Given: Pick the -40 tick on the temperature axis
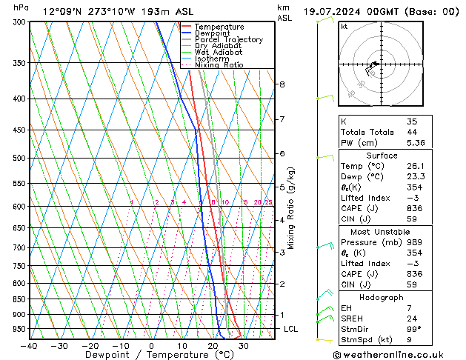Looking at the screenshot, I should coord(29,346).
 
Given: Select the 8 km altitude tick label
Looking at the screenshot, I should coord(282,84).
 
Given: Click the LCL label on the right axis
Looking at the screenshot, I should coord(290,329).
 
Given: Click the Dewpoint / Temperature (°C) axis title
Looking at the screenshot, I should coord(152,356).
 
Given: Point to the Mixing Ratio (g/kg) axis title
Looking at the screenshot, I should coord(292,207).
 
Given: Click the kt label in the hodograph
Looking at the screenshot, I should coord(344,27).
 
